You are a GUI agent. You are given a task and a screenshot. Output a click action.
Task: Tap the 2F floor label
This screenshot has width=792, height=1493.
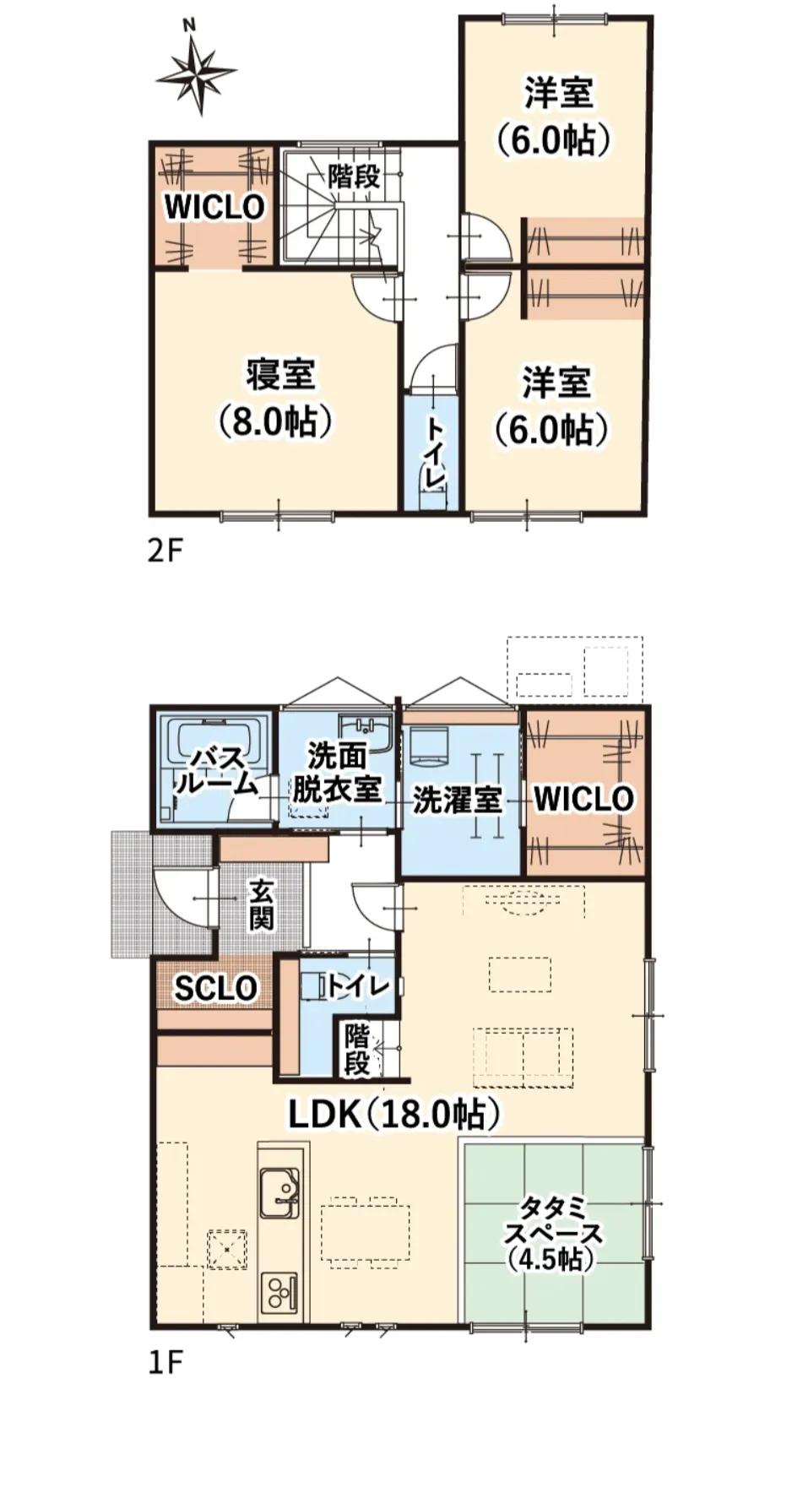coord(165,551)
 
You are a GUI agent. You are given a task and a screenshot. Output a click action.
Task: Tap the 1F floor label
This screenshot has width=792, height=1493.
coord(165,1361)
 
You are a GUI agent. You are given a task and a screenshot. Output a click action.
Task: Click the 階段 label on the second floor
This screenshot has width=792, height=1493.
coord(354,177)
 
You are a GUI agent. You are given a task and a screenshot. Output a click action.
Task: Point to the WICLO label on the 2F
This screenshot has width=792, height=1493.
coord(214,207)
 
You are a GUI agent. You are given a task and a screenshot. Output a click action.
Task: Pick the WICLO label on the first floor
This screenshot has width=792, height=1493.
coord(583,798)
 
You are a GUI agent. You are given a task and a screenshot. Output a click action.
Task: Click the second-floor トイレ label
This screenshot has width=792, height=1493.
coord(434,452)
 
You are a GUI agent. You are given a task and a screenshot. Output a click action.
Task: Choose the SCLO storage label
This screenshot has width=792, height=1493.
coord(215,987)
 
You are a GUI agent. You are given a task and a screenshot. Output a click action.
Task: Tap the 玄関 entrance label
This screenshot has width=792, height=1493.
coord(261,904)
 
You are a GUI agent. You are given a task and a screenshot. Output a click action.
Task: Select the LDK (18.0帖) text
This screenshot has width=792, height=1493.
coord(394,1114)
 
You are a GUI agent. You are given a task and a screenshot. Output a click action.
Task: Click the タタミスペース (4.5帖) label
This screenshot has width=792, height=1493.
coord(553,1232)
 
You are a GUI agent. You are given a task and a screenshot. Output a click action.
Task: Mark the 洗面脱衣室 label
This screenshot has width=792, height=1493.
coord(336,773)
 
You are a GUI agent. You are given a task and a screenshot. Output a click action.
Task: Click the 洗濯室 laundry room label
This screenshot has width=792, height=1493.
coord(457,800)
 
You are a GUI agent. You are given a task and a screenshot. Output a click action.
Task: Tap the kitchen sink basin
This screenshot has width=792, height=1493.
coord(278,1192)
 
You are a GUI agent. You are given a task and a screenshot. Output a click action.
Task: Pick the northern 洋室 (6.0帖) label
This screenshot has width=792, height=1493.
coord(556,116)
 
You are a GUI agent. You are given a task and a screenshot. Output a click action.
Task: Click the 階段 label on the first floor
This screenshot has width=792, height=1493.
coord(356,1050)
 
